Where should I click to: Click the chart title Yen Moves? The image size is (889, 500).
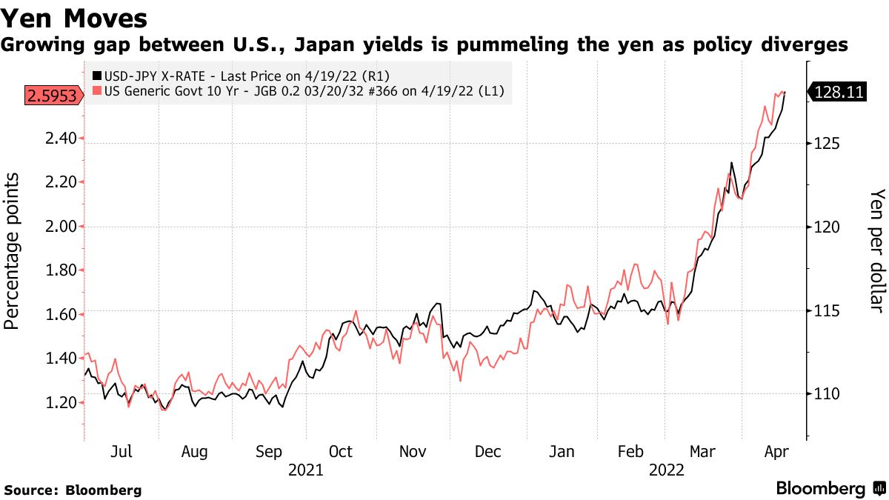click(73, 16)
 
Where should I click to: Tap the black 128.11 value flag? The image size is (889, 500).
click(839, 92)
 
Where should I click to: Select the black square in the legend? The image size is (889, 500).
click(96, 76)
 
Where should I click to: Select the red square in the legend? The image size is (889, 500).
click(96, 90)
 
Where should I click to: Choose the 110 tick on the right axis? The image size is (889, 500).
click(826, 393)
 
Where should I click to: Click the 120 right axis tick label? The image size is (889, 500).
click(826, 227)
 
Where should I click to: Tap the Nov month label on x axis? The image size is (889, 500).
click(414, 452)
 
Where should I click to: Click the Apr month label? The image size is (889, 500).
click(776, 452)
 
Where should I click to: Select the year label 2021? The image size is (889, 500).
click(306, 470)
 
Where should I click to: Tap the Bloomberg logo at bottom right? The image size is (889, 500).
click(830, 489)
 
